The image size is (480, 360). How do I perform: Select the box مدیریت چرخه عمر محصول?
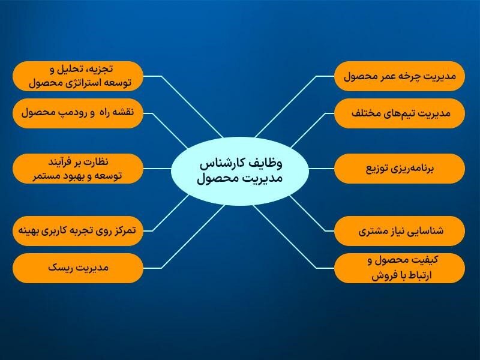tap(400, 76)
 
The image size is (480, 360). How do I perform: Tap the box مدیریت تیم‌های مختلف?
tap(400, 113)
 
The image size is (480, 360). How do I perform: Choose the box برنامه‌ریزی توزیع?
tap(400, 169)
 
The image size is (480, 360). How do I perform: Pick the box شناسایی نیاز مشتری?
tap(400, 230)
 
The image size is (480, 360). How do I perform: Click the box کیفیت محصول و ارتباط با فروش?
tap(400, 268)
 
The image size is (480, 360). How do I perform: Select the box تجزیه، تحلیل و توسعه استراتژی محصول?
tap(78, 76)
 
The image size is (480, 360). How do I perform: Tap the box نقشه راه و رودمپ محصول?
tap(78, 113)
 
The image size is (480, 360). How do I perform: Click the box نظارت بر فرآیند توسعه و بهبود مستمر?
tap(78, 169)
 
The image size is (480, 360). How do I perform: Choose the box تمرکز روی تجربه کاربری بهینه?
tap(78, 230)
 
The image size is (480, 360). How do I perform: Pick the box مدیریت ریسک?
tap(78, 268)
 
